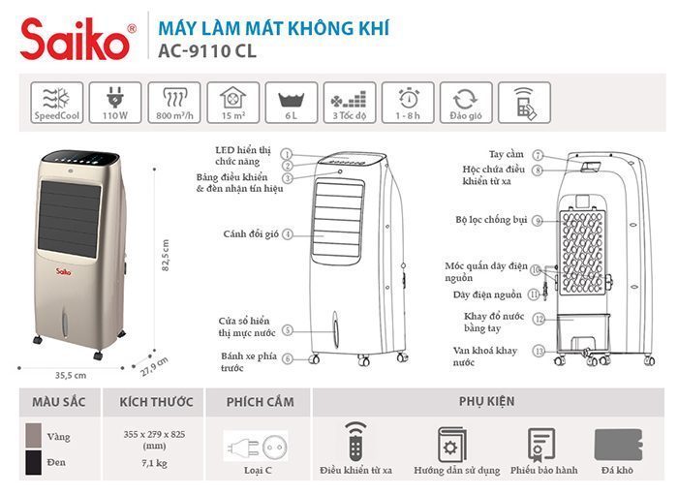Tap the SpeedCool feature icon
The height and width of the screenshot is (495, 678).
coord(57,100)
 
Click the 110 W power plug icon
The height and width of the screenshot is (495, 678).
coord(115,100)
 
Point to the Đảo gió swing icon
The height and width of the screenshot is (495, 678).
coord(466,100)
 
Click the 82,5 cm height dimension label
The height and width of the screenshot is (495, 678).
coord(165,256)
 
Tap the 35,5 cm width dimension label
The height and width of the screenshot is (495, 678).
coord(71,374)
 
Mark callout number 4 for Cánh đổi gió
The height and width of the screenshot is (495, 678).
coord(288,234)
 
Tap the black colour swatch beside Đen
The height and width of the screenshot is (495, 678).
coord(32,462)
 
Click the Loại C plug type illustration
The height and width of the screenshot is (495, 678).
coord(256,448)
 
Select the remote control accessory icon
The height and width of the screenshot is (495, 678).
coord(355,443)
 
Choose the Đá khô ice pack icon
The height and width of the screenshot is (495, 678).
coord(617,443)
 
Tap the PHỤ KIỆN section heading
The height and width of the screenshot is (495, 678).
coord(486,401)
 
